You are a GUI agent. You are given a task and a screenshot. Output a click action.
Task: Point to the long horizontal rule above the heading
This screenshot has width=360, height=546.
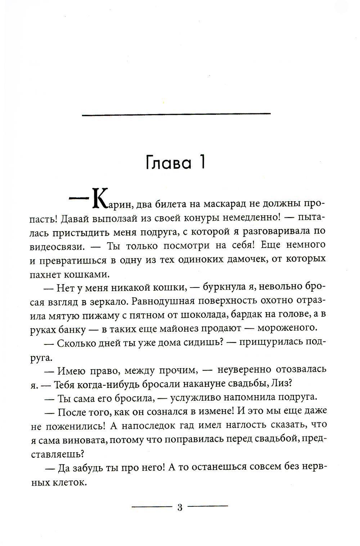pyautogui.click(x=176, y=114)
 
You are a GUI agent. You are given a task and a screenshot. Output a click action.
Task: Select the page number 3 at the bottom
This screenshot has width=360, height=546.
pyautogui.click(x=180, y=507)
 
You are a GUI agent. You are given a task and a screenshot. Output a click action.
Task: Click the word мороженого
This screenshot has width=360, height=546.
pyautogui.click(x=291, y=328)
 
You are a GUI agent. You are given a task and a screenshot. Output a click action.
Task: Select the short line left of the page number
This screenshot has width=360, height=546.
pyautogui.click(x=152, y=507)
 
